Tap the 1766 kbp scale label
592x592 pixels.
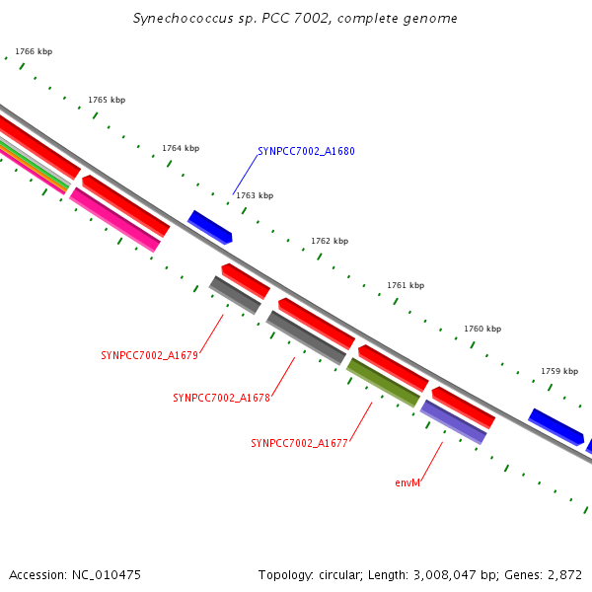pos(34,51)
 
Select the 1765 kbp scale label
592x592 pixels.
pos(107,100)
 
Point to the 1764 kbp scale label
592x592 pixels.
pos(181,148)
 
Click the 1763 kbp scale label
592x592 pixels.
pos(255,195)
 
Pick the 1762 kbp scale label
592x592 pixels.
pos(330,241)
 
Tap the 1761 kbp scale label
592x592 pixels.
pos(406,285)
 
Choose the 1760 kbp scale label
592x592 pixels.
pos(482,329)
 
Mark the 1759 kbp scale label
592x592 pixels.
pos(559,371)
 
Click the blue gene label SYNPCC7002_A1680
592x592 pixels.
pos(306,152)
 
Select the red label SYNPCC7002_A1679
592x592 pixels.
pos(149,355)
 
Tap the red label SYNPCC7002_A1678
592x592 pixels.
pos(221,399)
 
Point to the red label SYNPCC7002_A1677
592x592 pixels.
pos(299,444)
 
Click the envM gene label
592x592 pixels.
pos(407,483)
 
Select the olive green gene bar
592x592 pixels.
pos(383,382)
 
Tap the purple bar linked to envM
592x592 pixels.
pos(453,421)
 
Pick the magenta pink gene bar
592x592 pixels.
pos(114,219)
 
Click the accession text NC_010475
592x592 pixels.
pos(75,574)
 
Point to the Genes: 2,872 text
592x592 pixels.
pos(548,574)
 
